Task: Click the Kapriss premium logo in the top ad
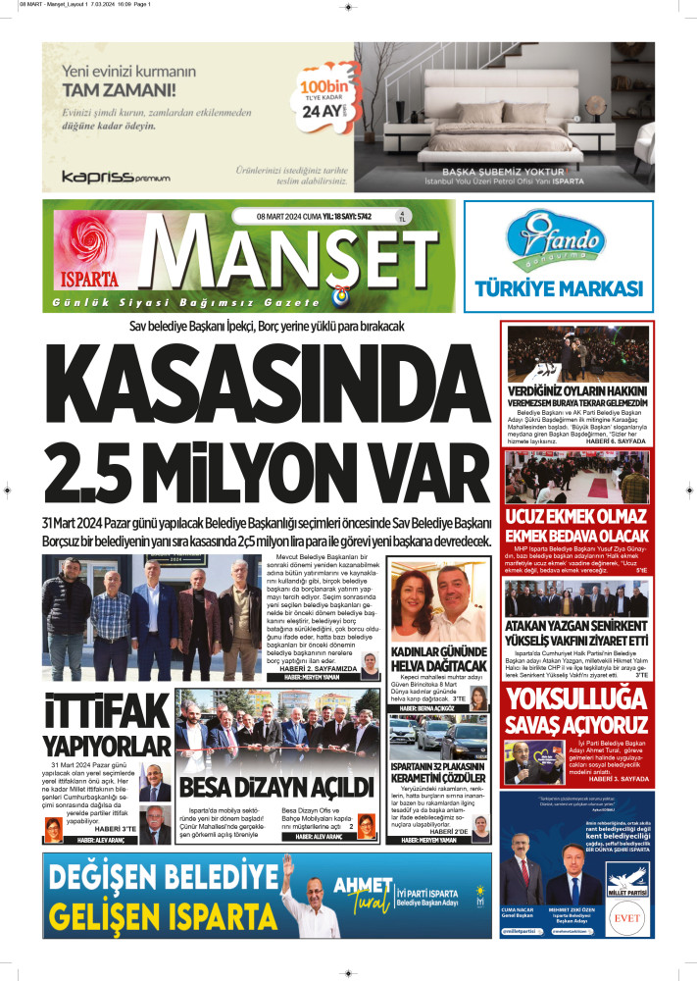[x=115, y=177]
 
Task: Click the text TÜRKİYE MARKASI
[x=558, y=288]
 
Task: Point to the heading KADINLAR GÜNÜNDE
[x=438, y=652]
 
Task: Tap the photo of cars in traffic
[x=438, y=737]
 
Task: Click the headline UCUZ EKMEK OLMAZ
[x=576, y=517]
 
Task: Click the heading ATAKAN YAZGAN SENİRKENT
[x=576, y=627]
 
